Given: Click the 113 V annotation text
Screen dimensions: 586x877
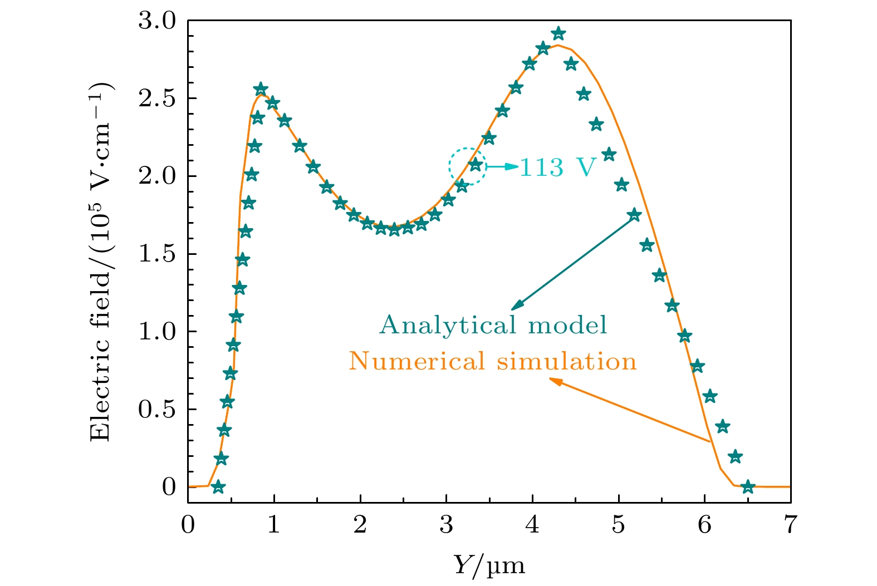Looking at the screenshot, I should [x=557, y=167].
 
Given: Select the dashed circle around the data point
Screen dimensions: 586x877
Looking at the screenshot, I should [x=468, y=166].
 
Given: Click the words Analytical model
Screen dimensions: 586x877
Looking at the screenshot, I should [x=493, y=325].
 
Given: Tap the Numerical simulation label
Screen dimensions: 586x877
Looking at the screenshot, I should [x=493, y=362].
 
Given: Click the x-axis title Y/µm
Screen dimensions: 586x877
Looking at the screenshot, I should [x=489, y=565].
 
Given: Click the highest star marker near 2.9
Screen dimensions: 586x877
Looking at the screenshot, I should [x=558, y=34].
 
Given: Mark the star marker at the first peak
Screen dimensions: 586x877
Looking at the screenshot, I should [x=261, y=89].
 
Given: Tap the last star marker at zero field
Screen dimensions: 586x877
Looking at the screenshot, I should [x=748, y=487].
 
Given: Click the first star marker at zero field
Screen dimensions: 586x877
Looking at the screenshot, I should [x=218, y=487].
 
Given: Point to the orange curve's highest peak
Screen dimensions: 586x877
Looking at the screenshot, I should [x=557, y=45].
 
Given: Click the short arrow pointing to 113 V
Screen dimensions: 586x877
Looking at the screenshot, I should [x=502, y=166].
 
